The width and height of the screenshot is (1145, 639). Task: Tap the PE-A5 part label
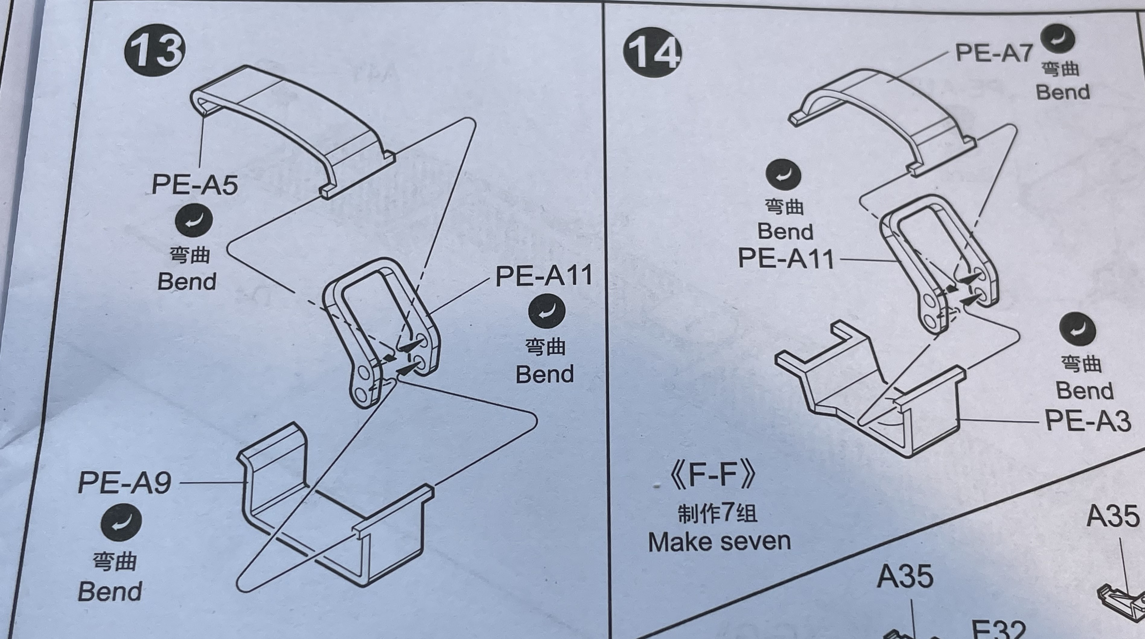[195, 184]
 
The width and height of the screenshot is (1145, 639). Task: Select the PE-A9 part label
[124, 482]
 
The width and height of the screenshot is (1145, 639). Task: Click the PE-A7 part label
[994, 53]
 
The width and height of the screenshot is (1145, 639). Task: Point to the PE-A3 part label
[1087, 421]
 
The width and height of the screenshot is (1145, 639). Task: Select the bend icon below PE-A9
[121, 523]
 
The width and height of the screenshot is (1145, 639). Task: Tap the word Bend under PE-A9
[110, 591]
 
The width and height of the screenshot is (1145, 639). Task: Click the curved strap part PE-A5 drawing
[293, 120]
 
